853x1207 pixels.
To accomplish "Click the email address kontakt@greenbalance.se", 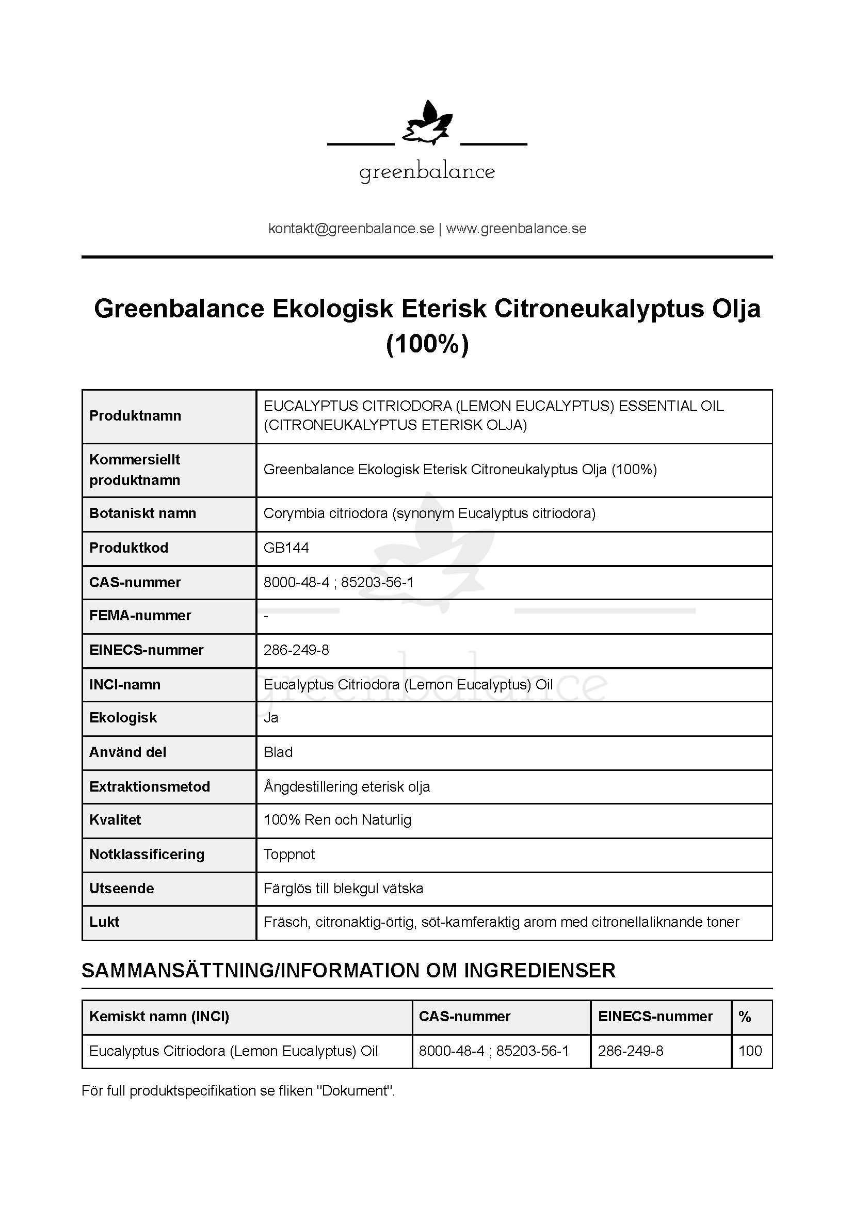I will coord(351,229).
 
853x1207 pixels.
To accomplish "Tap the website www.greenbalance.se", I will coord(516,229).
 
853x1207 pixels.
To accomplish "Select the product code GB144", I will coord(286,548).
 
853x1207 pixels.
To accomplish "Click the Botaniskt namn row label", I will coord(142,513).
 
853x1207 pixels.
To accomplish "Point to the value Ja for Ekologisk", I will coord(271,718).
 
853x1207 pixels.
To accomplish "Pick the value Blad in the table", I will coord(278,752).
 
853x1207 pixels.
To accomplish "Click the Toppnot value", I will coord(289,854).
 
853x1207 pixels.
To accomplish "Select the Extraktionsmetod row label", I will coord(149,786).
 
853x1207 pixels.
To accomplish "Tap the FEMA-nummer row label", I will coord(140,615).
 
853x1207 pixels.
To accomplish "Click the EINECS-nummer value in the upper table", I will coord(296,650).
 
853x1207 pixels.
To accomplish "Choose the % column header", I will coord(744,1016).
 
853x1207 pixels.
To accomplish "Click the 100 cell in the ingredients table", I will coord(750,1051).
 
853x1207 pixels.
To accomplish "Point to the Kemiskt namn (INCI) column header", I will coord(159,1016).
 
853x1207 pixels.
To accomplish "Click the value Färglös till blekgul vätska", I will coord(343,889).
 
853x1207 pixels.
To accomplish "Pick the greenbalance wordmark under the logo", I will coord(427,172).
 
